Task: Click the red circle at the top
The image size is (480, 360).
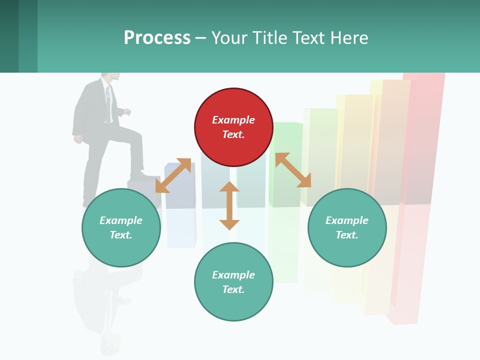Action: click(x=233, y=127)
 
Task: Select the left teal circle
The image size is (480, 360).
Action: click(x=121, y=227)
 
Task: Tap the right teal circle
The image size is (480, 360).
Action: click(x=347, y=227)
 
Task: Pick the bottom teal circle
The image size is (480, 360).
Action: click(x=233, y=282)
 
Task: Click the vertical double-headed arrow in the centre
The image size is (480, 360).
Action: click(x=229, y=205)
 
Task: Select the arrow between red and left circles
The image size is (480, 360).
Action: click(x=173, y=175)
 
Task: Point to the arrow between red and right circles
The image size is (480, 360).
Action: click(x=293, y=170)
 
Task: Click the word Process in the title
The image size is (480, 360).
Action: click(x=157, y=37)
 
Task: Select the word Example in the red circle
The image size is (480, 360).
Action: click(x=233, y=120)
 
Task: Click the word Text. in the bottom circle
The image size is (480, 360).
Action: click(x=233, y=289)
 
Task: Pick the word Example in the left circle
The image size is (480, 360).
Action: click(x=121, y=220)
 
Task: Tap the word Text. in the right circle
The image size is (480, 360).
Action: click(x=347, y=235)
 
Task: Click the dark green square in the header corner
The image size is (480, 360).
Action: click(x=9, y=36)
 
